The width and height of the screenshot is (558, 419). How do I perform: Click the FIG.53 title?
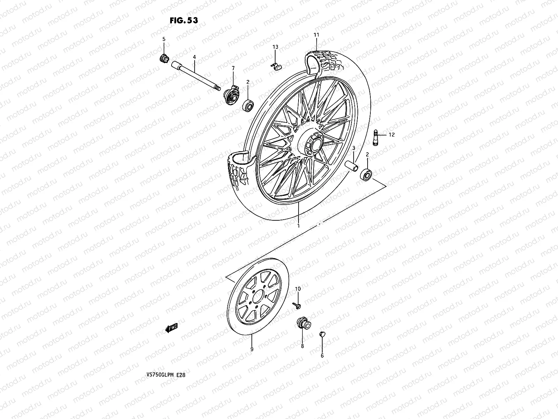coord(183,20)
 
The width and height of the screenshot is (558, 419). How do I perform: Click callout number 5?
coord(164,39)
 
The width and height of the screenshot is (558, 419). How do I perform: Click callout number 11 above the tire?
coord(316,35)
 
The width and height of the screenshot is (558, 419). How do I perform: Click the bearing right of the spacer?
coord(367,174)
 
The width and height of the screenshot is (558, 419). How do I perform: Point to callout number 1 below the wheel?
coord(299,226)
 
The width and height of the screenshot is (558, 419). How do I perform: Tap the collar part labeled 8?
coord(301,322)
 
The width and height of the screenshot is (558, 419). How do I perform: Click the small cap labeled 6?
coord(322,335)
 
